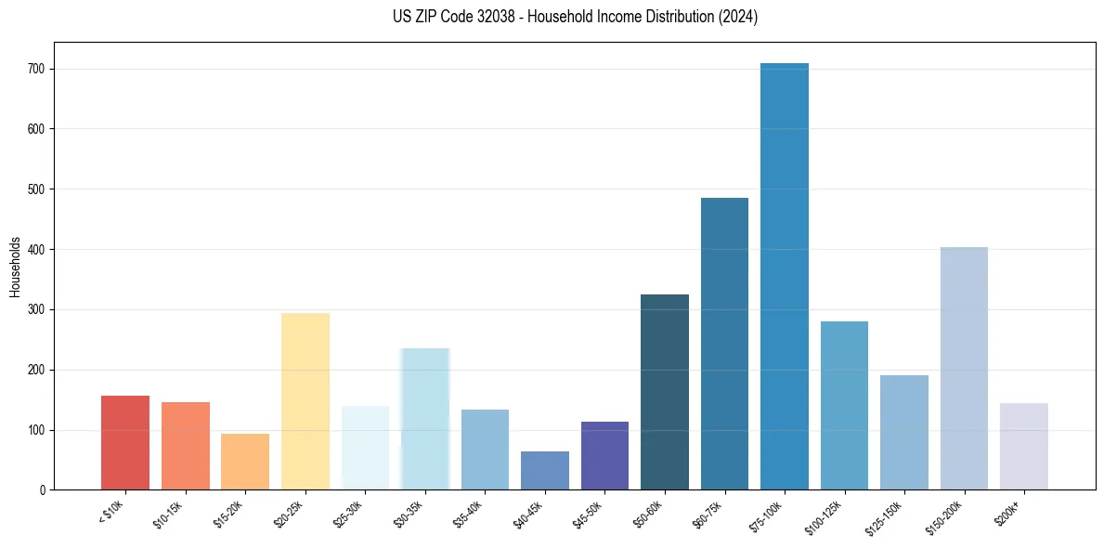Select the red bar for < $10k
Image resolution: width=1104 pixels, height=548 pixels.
(x=125, y=443)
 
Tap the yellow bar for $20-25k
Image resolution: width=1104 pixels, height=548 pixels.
(x=305, y=401)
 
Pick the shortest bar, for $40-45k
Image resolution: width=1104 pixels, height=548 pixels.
(x=545, y=471)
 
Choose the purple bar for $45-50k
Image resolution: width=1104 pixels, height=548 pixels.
(x=604, y=456)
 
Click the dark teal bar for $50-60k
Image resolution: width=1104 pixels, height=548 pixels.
(x=665, y=392)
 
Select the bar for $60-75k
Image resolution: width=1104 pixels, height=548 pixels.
(x=724, y=344)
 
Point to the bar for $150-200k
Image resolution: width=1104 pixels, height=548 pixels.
(x=964, y=369)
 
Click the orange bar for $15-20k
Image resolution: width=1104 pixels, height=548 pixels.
(x=245, y=462)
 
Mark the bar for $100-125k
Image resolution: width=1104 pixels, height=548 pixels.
(x=844, y=406)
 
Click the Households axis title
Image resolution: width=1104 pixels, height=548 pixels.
(x=15, y=267)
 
